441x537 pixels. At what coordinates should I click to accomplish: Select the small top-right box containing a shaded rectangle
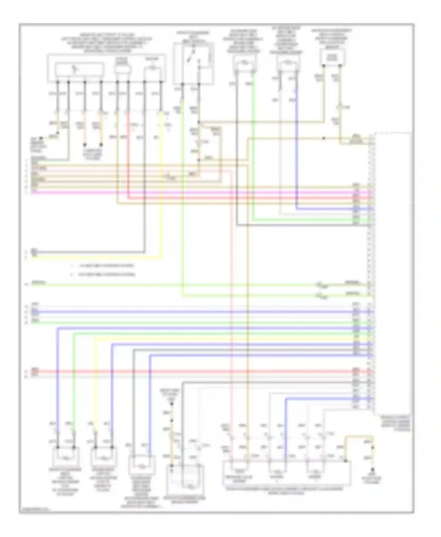point(332,58)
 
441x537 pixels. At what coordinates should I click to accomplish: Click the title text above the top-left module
point(106,43)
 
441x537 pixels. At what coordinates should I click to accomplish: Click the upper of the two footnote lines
point(103,266)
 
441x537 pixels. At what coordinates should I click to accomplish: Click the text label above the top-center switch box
point(193,37)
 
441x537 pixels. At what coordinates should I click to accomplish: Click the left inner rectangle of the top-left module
point(79,69)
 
